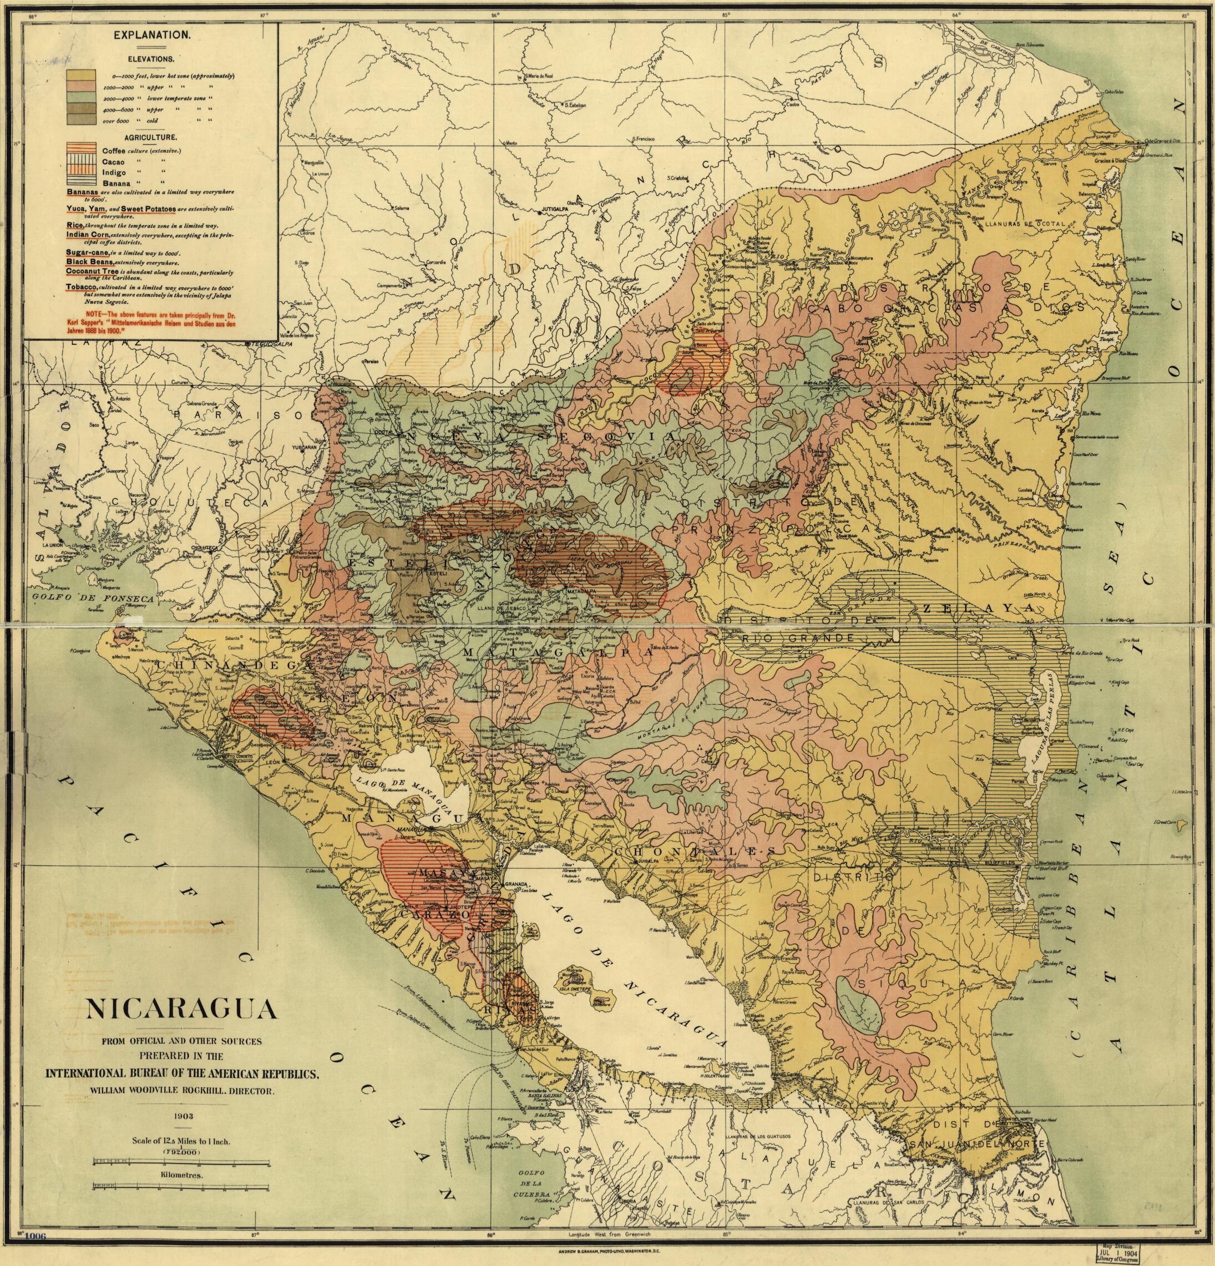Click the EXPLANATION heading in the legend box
pyautogui.click(x=151, y=37)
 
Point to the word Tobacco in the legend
pyautogui.click(x=82, y=286)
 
